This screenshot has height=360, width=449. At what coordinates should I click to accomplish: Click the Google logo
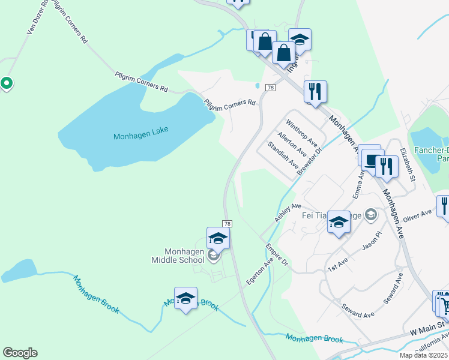pos(20,353)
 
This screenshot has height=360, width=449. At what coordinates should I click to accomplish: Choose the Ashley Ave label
pos(288,212)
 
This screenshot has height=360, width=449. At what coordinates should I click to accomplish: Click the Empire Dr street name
pos(277,256)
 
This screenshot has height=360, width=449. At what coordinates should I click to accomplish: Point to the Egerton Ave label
pos(260,271)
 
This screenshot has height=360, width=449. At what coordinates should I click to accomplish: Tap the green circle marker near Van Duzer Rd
pos(7,83)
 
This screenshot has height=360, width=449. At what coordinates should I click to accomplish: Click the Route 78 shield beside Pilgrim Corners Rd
pos(271,88)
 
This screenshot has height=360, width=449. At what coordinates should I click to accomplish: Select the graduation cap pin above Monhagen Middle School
pos(218,238)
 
